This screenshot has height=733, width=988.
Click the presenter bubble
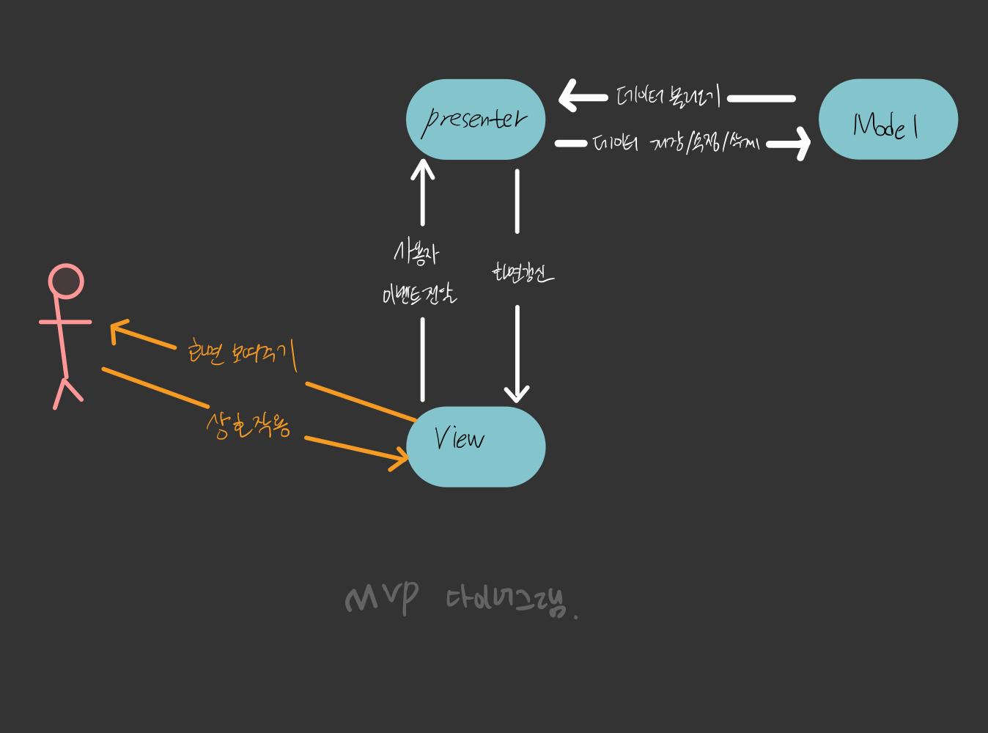[x=476, y=119]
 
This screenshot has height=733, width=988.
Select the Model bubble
[x=888, y=119]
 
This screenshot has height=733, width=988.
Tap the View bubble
[x=476, y=446]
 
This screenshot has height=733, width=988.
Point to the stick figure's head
[x=66, y=282]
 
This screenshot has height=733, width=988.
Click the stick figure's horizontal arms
[x=65, y=321]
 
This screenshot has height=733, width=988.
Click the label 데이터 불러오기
[x=668, y=97]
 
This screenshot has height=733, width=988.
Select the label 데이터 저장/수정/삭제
[x=675, y=143]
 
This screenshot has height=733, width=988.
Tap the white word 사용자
[x=416, y=254]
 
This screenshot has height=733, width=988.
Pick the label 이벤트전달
[x=419, y=295]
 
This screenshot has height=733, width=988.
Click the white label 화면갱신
[x=522, y=273]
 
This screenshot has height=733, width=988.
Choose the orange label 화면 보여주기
[x=242, y=354]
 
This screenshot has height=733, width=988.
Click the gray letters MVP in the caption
[x=381, y=599]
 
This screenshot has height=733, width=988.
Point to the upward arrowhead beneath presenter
[x=422, y=169]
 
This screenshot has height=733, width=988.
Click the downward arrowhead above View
[x=517, y=392]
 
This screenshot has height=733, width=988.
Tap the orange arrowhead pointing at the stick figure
[x=117, y=331]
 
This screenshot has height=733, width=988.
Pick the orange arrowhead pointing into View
[x=400, y=459]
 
